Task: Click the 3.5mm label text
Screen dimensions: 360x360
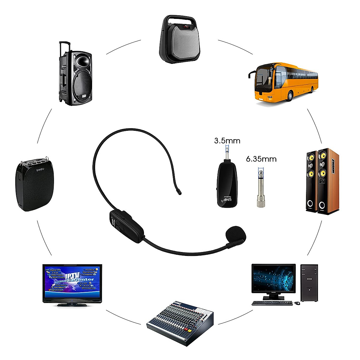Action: [x=227, y=140]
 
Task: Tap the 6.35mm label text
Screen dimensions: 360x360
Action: [x=261, y=159]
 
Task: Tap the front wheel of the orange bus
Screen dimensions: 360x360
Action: [x=290, y=96]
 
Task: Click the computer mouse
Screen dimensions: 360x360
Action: [x=297, y=303]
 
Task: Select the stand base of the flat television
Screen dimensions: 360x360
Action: [x=72, y=304]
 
